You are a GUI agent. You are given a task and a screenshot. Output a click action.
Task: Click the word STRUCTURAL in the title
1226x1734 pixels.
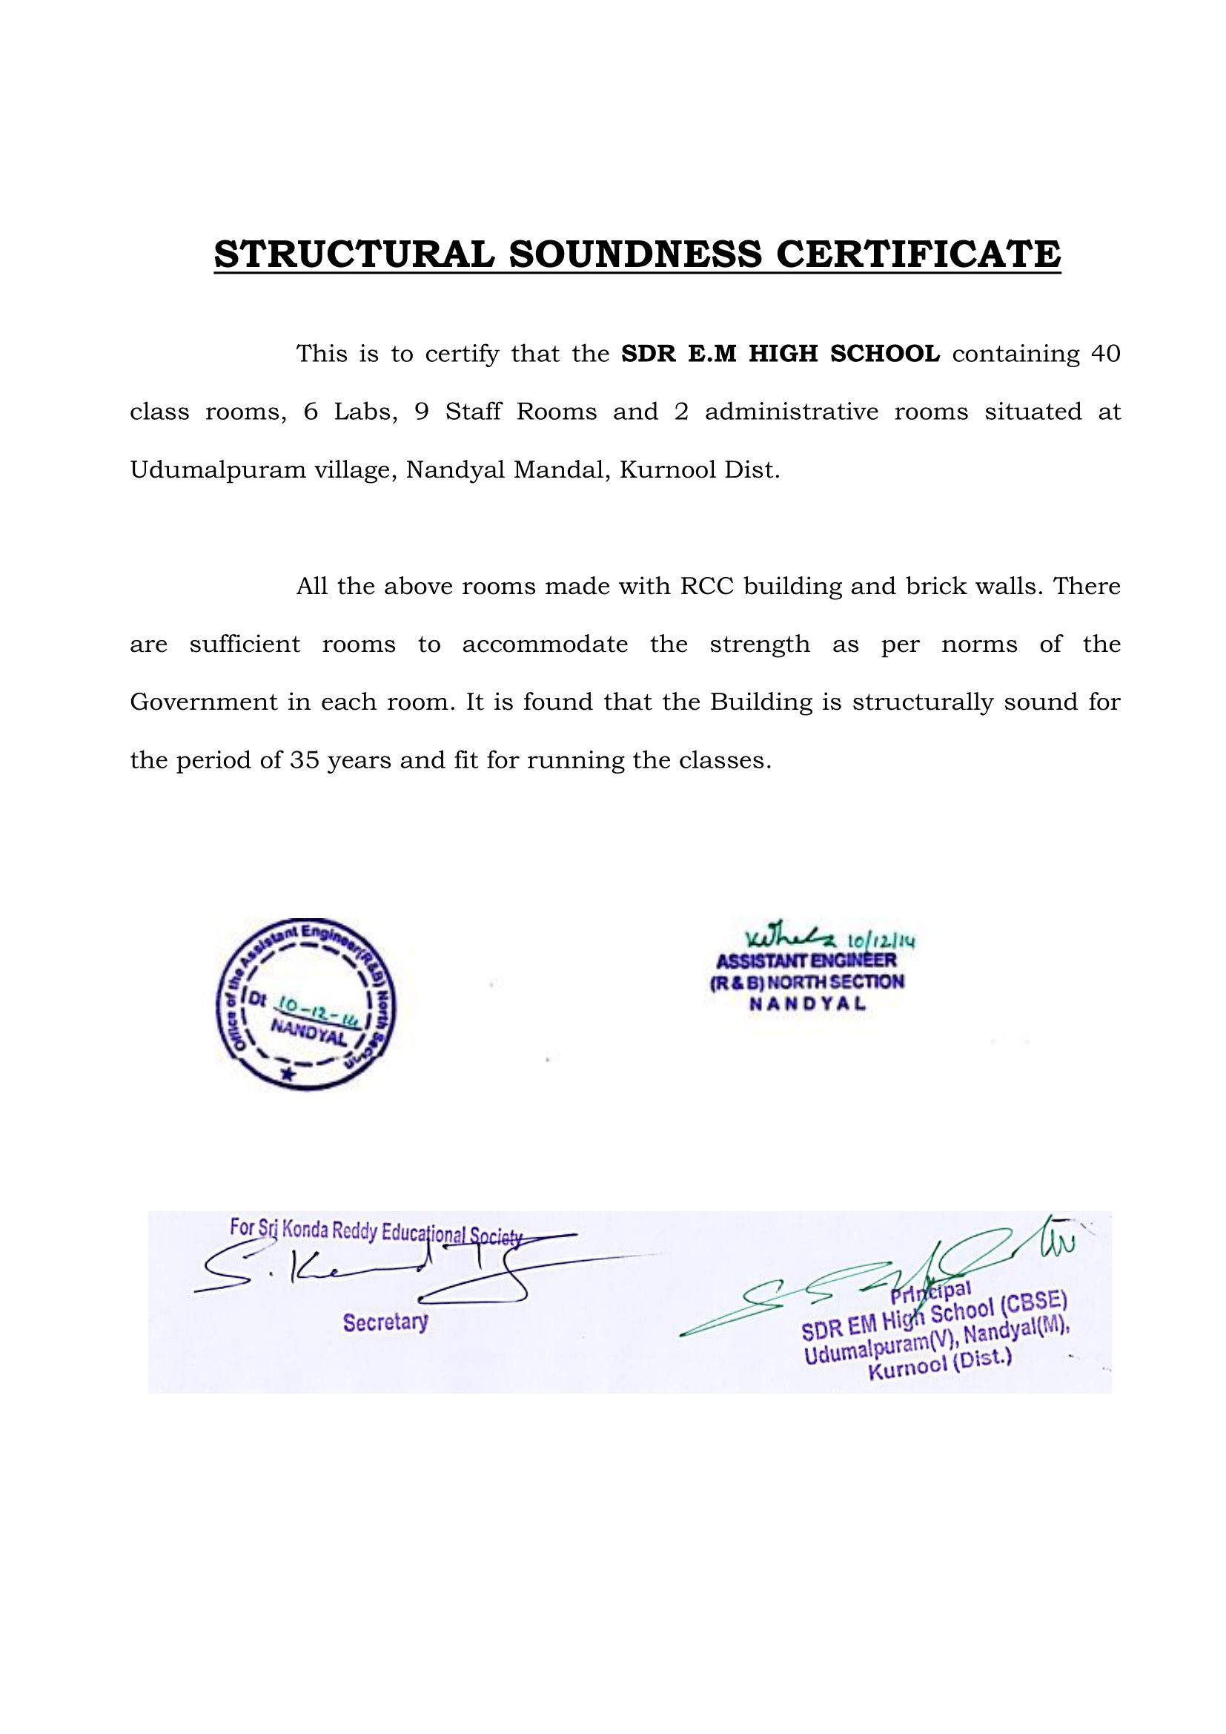tap(354, 254)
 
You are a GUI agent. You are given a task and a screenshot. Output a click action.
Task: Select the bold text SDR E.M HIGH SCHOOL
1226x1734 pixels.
tap(781, 354)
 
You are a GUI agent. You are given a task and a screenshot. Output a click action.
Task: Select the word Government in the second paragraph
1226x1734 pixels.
tap(204, 702)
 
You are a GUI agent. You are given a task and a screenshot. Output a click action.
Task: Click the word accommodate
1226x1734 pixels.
tap(545, 645)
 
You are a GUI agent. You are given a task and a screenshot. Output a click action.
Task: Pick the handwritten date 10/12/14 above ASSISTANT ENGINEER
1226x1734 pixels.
tap(882, 941)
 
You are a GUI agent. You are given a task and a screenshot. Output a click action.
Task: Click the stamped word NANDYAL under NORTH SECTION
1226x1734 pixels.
tap(807, 1004)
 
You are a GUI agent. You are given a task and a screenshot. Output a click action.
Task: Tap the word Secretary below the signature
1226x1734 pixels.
tap(385, 1322)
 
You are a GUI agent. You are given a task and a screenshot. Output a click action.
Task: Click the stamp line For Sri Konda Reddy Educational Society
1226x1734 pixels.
tap(376, 1232)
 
